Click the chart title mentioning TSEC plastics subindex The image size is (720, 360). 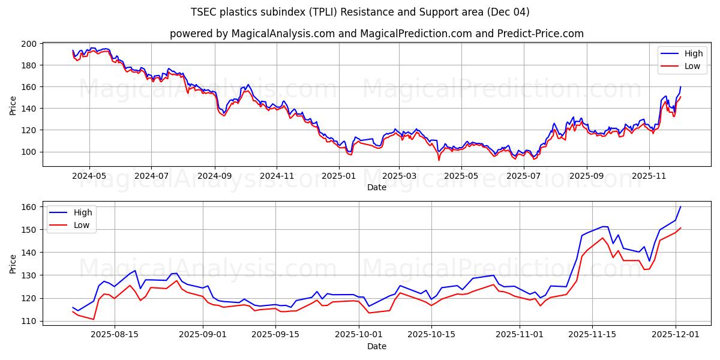(360, 12)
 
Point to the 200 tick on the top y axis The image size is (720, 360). (29, 44)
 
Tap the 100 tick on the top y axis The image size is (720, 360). (29, 152)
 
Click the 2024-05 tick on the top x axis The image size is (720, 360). (89, 175)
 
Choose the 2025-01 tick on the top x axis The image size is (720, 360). (339, 175)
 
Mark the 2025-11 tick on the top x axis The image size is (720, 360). (649, 175)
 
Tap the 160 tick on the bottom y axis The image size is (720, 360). (29, 207)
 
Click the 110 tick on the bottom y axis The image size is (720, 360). (29, 321)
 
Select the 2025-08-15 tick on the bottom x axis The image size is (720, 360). (114, 334)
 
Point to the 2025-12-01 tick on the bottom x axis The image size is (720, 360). (676, 334)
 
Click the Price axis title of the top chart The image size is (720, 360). (13, 105)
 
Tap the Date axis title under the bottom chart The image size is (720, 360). (376, 346)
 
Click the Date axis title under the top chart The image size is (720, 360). (376, 187)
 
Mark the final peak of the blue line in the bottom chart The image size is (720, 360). (680, 206)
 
